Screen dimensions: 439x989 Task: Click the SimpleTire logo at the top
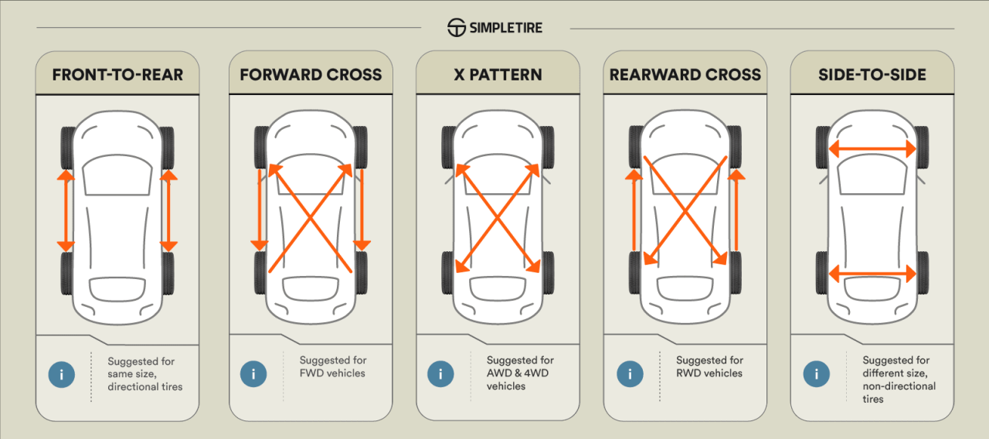[494, 28]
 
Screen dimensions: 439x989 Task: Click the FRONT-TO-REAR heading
[117, 75]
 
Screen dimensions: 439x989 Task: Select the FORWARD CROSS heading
[311, 75]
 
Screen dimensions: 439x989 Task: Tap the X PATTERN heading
[498, 75]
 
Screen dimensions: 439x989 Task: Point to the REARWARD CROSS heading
[685, 75]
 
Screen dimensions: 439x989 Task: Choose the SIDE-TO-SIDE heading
[872, 75]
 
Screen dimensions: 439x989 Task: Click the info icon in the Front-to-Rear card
[61, 374]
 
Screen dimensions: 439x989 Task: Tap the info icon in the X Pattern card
[440, 374]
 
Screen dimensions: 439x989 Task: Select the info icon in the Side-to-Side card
[816, 374]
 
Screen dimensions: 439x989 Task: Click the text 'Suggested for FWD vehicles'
[332, 366]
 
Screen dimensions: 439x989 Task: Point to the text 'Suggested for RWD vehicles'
[709, 366]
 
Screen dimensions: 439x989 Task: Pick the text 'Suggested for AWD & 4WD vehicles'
[520, 373]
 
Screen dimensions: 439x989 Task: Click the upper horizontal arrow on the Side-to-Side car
[872, 149]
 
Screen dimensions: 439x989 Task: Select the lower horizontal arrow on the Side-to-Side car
[872, 272]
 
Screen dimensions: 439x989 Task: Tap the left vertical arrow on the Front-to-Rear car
[66, 210]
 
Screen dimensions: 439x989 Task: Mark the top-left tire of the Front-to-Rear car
[67, 147]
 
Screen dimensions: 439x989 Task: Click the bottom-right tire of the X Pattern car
[547, 272]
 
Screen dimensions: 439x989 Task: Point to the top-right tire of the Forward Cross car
[360, 147]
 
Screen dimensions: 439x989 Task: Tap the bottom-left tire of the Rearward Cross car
[635, 272]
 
